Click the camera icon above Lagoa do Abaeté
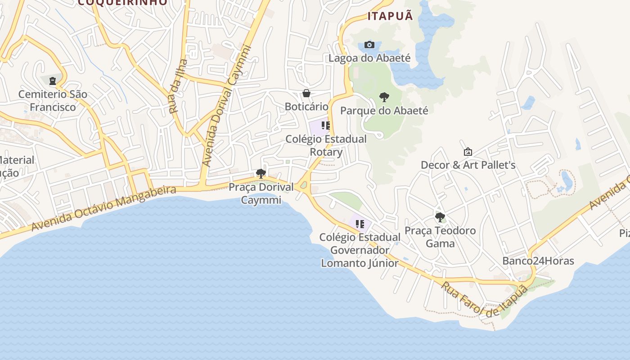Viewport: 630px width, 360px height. click(x=369, y=45)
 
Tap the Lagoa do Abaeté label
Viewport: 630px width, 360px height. click(x=369, y=58)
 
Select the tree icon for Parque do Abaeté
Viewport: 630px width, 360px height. click(x=384, y=97)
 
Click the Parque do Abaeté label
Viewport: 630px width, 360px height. click(x=384, y=110)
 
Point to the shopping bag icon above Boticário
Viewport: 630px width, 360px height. click(x=306, y=93)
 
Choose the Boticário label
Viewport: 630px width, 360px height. click(x=306, y=107)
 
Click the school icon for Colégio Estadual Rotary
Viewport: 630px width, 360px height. click(x=326, y=126)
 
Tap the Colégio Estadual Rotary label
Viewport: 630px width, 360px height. click(x=326, y=145)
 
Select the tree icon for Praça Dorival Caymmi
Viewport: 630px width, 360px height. click(x=261, y=173)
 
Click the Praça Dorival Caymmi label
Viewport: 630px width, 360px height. click(x=261, y=193)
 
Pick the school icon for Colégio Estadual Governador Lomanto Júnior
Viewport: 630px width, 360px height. click(x=360, y=224)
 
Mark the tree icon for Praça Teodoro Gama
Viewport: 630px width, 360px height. click(x=440, y=217)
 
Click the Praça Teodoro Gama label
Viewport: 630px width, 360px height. click(x=440, y=237)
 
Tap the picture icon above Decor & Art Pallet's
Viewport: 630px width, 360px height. click(x=468, y=152)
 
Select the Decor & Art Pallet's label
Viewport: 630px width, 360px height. click(x=468, y=165)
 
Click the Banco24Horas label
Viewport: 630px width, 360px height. click(x=538, y=261)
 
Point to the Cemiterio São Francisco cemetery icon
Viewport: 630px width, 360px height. click(x=53, y=81)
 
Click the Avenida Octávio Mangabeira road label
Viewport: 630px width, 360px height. click(x=103, y=208)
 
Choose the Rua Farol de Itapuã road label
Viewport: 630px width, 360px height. click(x=484, y=299)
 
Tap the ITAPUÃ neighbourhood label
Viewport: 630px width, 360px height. click(x=390, y=16)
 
